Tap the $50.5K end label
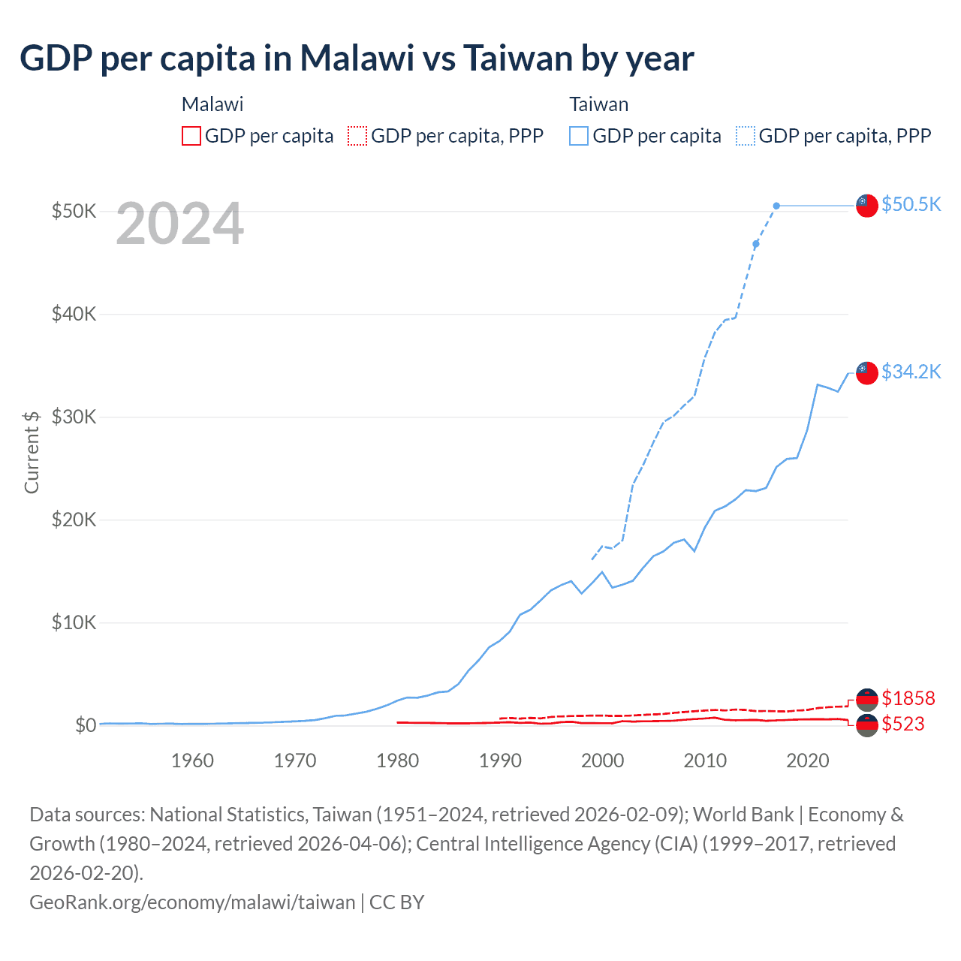tap(911, 204)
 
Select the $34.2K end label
tap(911, 372)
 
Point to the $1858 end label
tap(908, 698)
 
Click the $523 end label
tap(903, 724)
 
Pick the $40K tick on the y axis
tap(74, 314)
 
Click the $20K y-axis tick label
tap(74, 520)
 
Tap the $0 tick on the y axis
tap(85, 725)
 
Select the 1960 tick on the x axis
tap(192, 761)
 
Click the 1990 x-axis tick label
tap(500, 761)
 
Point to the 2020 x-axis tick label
tap(807, 761)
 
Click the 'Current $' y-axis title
tap(32, 452)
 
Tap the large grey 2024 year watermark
tap(180, 224)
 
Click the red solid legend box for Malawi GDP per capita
tap(191, 136)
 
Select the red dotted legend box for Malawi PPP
tap(357, 136)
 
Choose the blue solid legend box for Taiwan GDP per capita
tap(579, 136)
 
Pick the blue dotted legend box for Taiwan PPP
tap(746, 136)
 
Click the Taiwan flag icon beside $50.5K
tap(867, 205)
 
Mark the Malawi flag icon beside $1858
tap(867, 699)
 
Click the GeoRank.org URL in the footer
tap(192, 902)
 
